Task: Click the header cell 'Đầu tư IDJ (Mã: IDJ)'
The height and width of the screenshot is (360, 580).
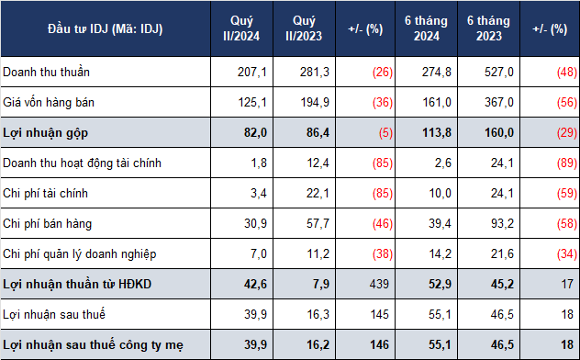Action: (105, 28)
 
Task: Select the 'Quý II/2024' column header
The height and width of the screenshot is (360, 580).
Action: (241, 28)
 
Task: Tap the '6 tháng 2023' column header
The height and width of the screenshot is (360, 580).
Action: (488, 28)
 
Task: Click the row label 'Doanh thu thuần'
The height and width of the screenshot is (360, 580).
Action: (46, 72)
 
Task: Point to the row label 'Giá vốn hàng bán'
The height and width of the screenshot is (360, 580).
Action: (49, 102)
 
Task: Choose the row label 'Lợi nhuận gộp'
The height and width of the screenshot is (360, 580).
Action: (46, 133)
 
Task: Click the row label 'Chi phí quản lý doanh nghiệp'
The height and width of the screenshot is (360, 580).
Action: (80, 254)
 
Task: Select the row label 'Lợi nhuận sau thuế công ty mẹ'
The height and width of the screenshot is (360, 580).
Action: (93, 344)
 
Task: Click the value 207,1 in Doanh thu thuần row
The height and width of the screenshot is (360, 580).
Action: (251, 72)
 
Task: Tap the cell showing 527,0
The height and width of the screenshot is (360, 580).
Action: (499, 72)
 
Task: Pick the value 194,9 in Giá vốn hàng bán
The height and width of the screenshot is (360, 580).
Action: (315, 102)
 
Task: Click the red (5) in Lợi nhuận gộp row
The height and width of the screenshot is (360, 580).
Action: (385, 132)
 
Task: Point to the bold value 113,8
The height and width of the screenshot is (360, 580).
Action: (437, 132)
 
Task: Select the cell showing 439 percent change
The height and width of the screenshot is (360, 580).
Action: (379, 284)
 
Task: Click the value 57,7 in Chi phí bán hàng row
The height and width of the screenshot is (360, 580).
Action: (318, 223)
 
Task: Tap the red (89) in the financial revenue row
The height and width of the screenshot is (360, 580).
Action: (567, 163)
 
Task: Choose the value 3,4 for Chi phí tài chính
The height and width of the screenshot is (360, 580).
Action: (259, 193)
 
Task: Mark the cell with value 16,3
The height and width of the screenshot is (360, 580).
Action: (318, 314)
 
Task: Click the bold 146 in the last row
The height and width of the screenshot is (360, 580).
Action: (379, 344)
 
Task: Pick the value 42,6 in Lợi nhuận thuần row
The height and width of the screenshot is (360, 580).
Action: (255, 284)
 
